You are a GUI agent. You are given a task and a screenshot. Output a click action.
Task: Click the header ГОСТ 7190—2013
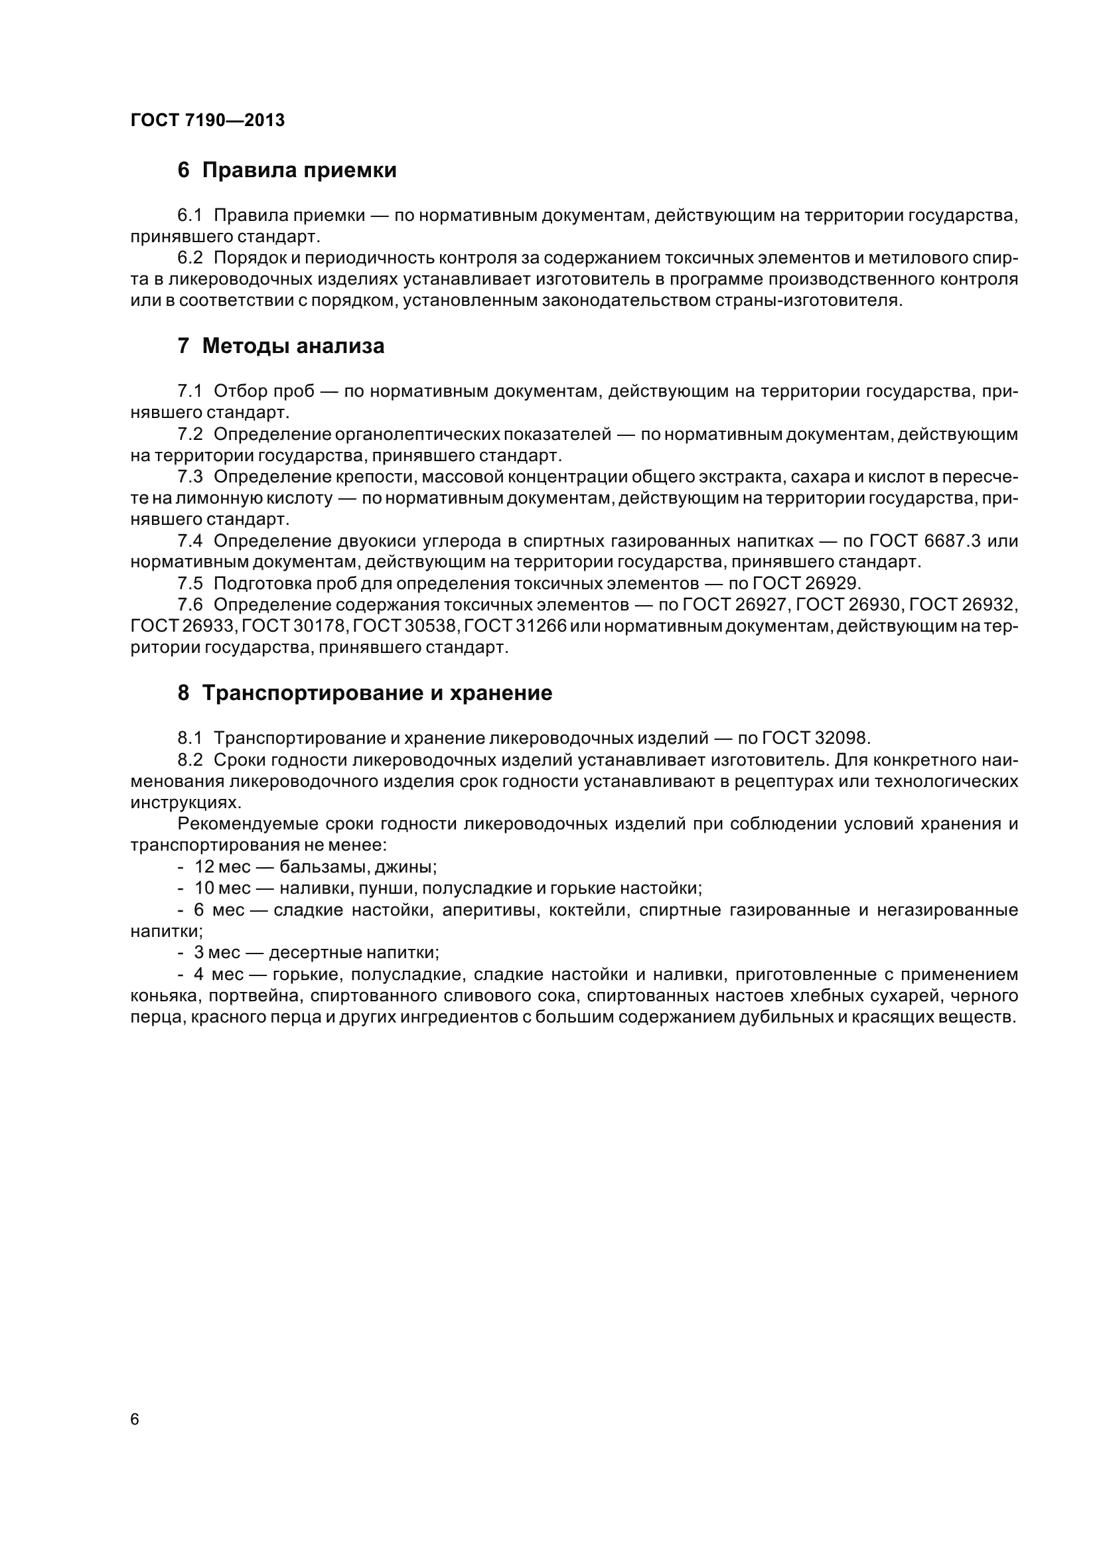click(208, 120)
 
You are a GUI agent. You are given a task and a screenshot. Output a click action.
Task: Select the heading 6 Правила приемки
click(287, 171)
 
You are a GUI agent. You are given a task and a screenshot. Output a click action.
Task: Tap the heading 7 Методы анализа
click(281, 346)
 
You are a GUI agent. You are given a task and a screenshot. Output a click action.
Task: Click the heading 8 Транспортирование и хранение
click(364, 693)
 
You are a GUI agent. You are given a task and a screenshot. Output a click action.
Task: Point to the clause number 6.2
click(190, 257)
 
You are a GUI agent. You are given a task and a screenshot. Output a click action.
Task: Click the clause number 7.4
click(190, 541)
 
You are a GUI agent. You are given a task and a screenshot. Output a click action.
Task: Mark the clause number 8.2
click(190, 759)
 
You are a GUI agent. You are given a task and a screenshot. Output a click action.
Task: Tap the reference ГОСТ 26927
click(737, 604)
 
